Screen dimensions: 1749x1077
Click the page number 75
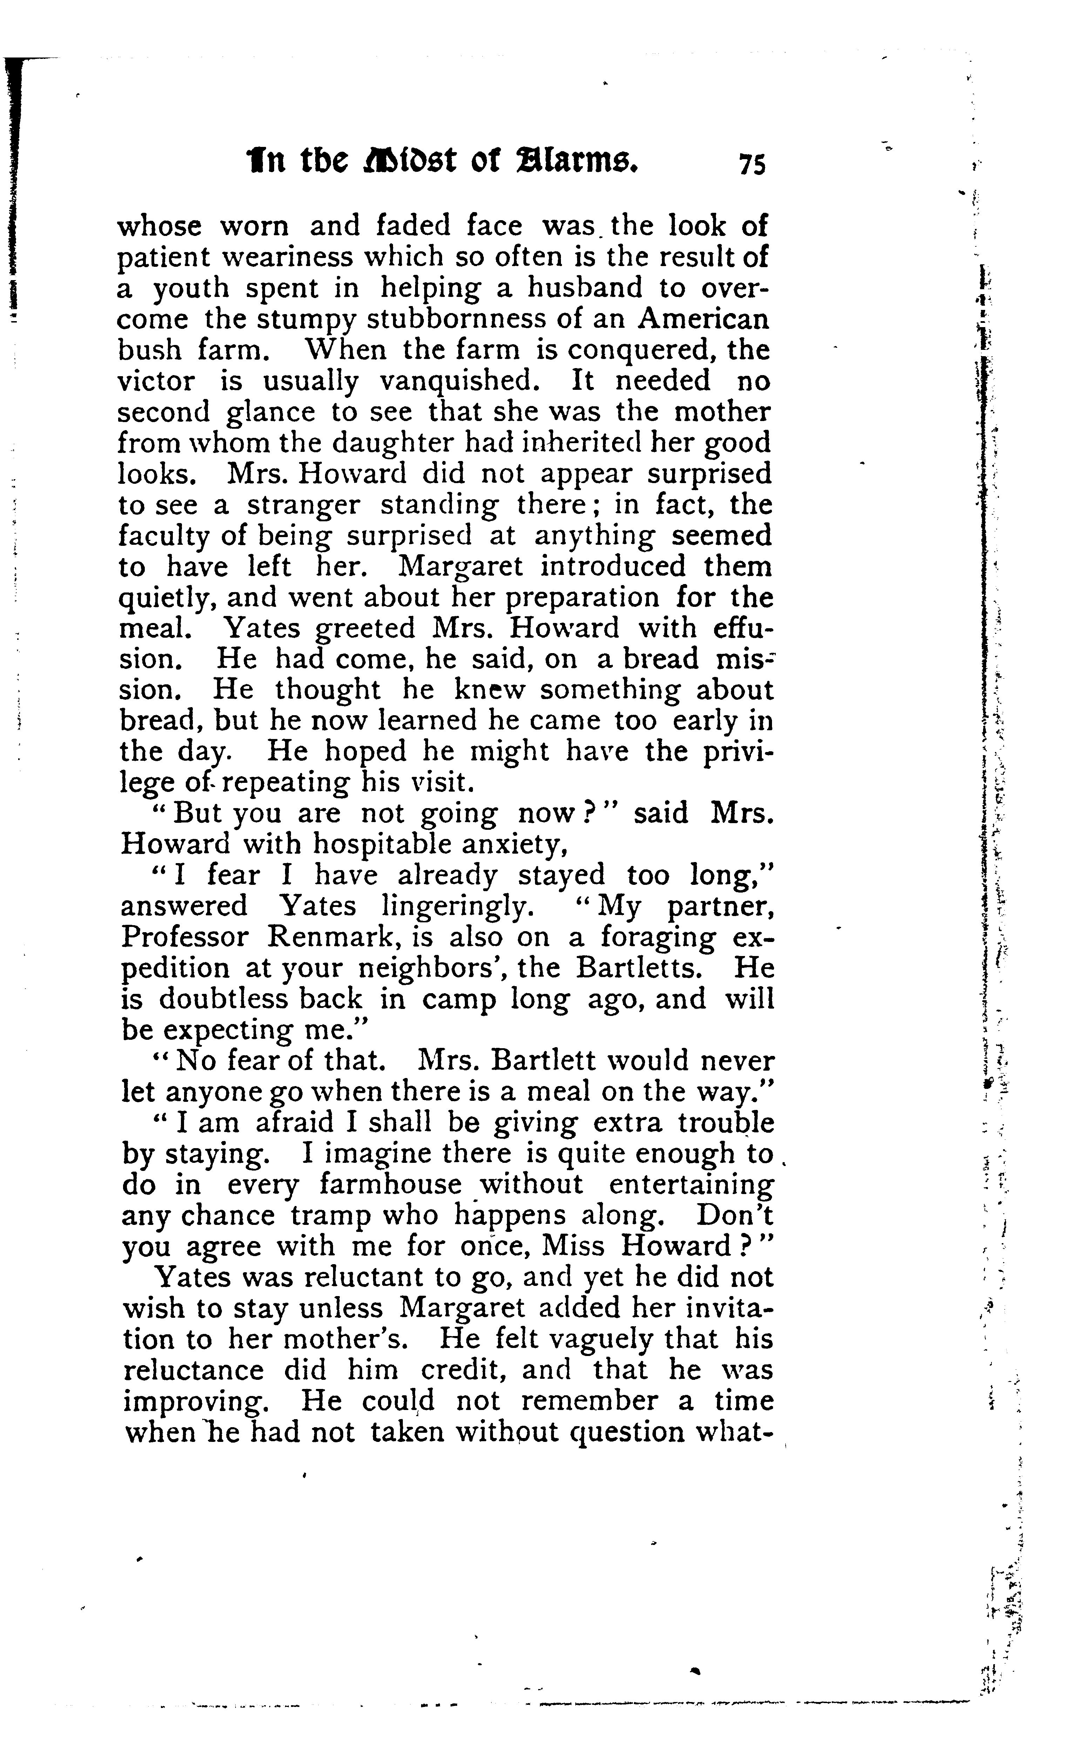752,164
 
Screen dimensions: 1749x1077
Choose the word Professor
184,937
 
